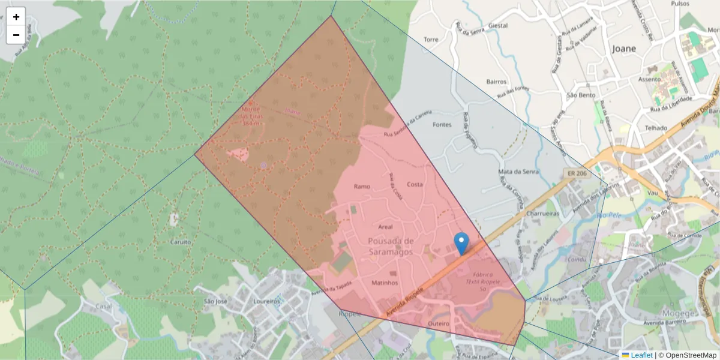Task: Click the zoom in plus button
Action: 16,17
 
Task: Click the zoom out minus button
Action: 16,35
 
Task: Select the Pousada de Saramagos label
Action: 391,247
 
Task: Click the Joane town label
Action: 624,49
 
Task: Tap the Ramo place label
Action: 362,186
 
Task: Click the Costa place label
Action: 415,184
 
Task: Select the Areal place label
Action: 385,227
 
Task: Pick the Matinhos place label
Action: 385,282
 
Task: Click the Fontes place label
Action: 442,125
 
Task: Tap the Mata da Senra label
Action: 518,172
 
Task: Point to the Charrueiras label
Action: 542,213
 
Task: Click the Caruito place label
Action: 181,242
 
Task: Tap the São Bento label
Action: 580,95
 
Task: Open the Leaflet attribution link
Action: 641,355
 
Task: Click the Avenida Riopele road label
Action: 406,302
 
